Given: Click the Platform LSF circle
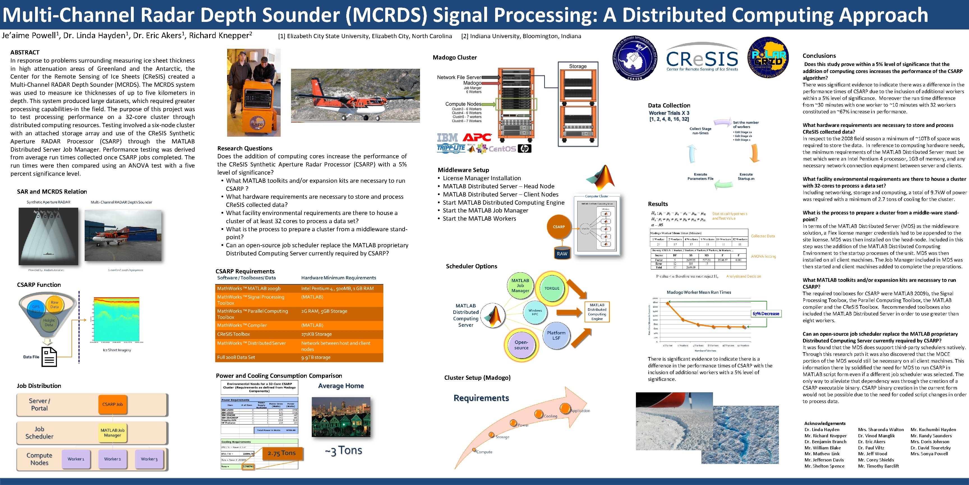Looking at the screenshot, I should tap(556, 335).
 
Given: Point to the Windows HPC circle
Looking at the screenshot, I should tap(535, 312).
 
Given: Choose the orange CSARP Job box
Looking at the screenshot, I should tap(112, 404).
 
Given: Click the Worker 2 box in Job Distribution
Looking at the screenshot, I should tap(112, 459).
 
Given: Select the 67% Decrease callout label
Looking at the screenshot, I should tap(766, 314).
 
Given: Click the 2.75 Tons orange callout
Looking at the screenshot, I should tap(282, 453).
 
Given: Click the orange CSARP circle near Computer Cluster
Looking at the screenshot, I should tap(559, 227).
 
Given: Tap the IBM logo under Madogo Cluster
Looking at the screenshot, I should tap(447, 138).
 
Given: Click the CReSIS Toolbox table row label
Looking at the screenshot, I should tap(234, 334).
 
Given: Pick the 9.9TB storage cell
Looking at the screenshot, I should tap(316, 357).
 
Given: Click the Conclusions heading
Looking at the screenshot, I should tap(819, 56).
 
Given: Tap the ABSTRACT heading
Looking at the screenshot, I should tap(25, 52).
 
